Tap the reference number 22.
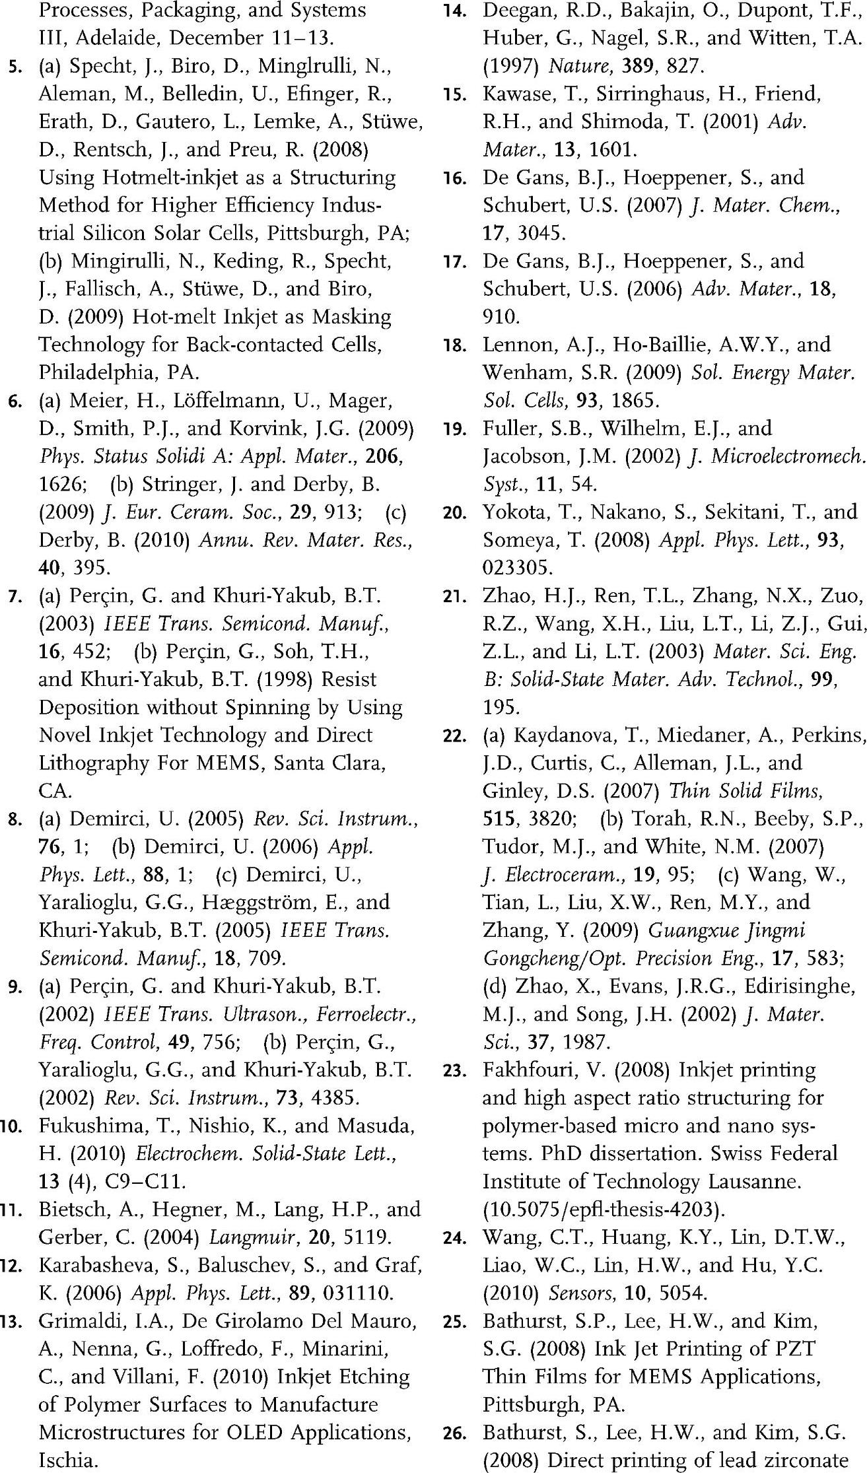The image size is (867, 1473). pyautogui.click(x=455, y=736)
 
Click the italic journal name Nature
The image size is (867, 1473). pyautogui.click(x=578, y=66)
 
